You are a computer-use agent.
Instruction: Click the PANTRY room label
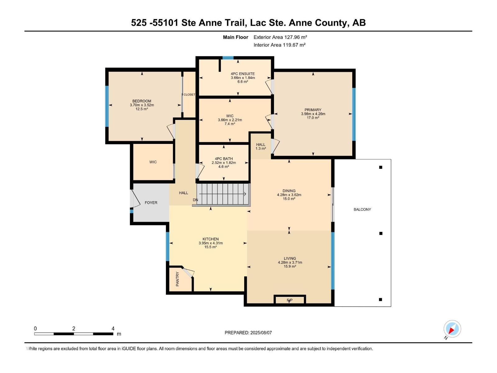coord(178,279)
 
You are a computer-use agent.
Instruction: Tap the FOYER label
coord(151,203)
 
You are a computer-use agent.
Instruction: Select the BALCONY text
coord(362,210)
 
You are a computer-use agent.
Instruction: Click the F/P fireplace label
coord(290,300)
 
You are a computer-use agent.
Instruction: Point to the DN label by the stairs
coord(195,200)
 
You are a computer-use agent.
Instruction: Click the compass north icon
coord(452,329)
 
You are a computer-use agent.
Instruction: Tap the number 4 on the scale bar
coord(113,329)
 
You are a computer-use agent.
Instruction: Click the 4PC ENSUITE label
coord(243,74)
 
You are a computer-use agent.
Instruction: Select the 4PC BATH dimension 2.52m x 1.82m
coord(224,163)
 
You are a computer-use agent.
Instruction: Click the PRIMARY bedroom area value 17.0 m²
coord(313,118)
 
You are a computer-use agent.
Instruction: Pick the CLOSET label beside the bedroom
coord(189,94)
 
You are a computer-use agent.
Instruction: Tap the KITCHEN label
coord(211,239)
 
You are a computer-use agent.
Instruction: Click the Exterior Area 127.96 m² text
coord(280,37)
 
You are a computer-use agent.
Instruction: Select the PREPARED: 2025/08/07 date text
coord(248,333)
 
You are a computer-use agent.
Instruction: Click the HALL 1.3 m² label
coord(261,146)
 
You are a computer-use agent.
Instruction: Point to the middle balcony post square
coord(381,233)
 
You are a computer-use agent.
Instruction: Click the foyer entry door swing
coord(136,199)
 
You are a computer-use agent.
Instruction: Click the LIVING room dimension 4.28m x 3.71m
coord(290,262)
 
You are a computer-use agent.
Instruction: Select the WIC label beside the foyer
coord(153,162)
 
